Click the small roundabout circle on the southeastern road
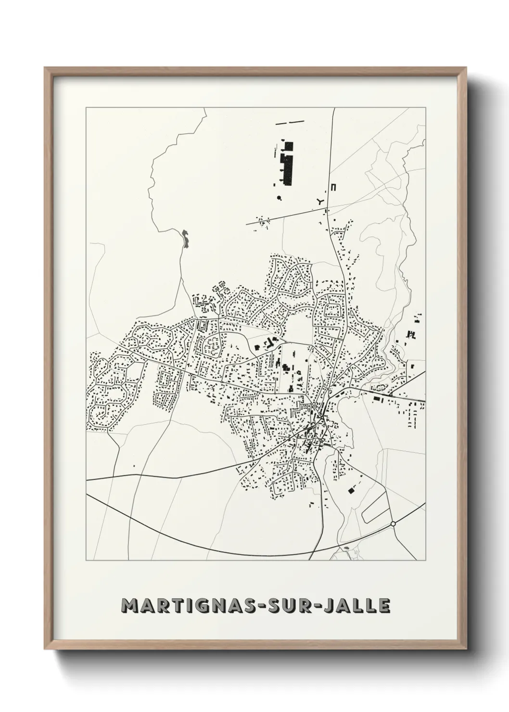coord(393,523)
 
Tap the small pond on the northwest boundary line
coord(185,238)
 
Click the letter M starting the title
coord(130,606)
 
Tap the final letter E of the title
coord(384,606)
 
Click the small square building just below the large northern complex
coord(275,184)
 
